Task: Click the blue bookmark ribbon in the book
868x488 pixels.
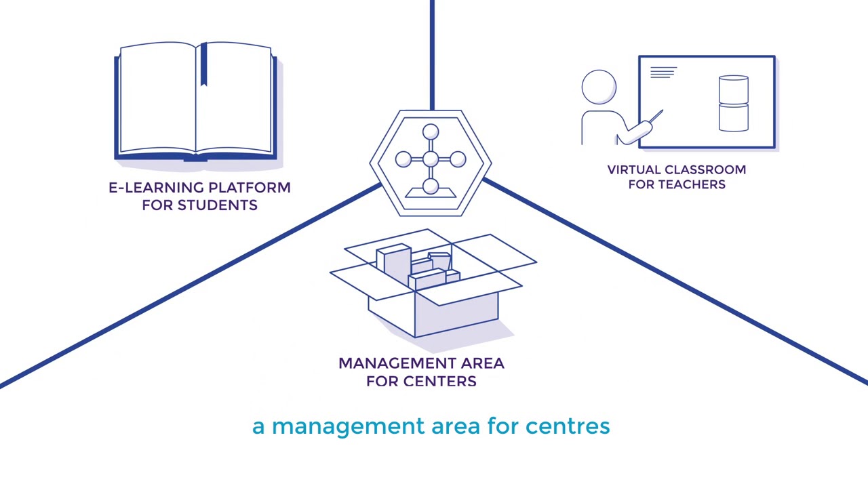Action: pos(203,64)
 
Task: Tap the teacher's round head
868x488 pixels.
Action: pos(599,87)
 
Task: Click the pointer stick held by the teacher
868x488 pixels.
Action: pos(656,116)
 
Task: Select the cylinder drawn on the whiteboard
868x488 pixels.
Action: pos(734,104)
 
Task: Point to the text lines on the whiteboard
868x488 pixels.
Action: pos(663,73)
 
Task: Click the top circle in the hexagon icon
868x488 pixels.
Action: pos(431,131)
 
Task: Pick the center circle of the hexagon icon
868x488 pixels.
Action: pos(431,159)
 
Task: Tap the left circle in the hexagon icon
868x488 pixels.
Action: pos(403,159)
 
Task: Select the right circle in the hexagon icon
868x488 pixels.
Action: pos(458,159)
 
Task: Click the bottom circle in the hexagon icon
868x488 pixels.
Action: pos(431,186)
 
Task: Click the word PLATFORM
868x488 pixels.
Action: pos(250,188)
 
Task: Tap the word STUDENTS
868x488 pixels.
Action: pos(218,205)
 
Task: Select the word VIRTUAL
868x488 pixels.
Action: pos(633,169)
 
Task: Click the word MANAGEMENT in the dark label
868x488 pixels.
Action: pos(397,363)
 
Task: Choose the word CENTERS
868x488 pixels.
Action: pos(440,381)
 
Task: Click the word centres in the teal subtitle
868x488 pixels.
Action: pos(568,426)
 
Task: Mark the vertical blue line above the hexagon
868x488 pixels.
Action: pos(432,55)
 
